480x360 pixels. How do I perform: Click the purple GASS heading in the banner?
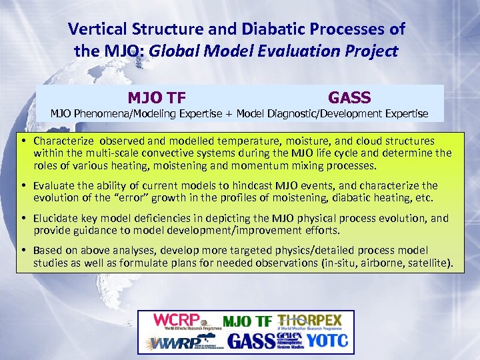pos(349,98)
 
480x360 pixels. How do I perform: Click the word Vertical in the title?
pos(94,29)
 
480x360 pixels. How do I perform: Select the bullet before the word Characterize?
pos(23,141)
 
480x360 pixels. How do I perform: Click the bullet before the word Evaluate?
pos(23,186)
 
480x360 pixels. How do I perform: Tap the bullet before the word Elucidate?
pos(23,219)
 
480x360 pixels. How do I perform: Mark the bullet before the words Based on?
pos(23,251)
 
